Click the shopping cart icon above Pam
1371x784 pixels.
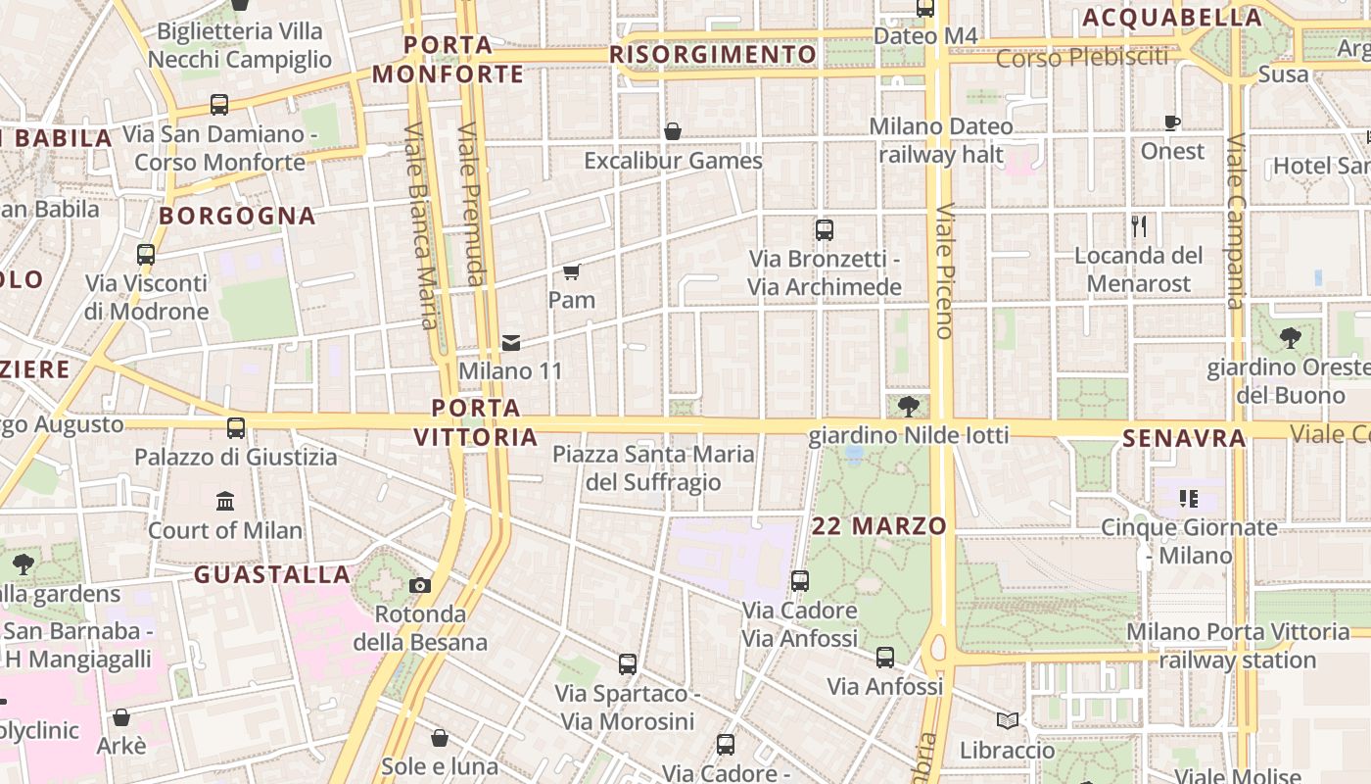click(x=572, y=271)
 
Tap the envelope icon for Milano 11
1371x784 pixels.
click(x=510, y=343)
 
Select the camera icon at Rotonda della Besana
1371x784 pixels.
click(x=420, y=586)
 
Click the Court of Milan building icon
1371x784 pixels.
click(x=225, y=502)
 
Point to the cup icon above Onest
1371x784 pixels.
click(x=1172, y=122)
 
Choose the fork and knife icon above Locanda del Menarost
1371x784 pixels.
click(x=1139, y=226)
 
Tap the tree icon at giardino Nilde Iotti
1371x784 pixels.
click(x=909, y=406)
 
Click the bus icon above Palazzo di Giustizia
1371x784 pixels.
click(x=235, y=428)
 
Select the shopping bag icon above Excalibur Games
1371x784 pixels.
click(x=673, y=131)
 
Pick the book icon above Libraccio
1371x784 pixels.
click(x=1007, y=721)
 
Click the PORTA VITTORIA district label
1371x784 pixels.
click(x=476, y=422)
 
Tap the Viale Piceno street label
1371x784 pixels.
click(x=944, y=270)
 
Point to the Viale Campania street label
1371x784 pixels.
click(x=1236, y=220)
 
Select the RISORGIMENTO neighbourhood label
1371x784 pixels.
click(x=713, y=54)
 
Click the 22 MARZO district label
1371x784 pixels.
click(x=879, y=526)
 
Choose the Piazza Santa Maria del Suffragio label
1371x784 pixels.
click(x=653, y=468)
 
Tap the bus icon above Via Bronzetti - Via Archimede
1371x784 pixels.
click(x=825, y=230)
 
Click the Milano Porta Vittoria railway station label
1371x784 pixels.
click(x=1238, y=646)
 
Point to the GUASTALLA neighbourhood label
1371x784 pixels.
click(x=271, y=574)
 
